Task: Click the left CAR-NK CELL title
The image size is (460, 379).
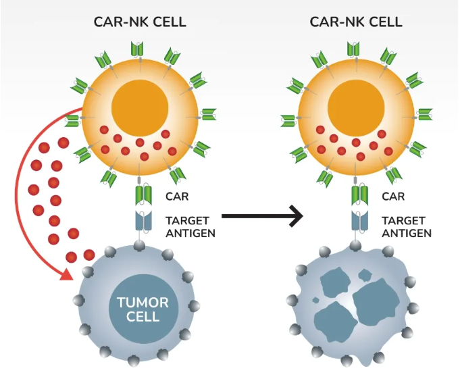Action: (140, 22)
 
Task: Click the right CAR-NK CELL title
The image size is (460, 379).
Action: (356, 22)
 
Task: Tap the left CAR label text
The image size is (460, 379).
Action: (177, 197)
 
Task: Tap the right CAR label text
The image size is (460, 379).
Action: (393, 197)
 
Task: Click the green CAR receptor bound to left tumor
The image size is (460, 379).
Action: (140, 197)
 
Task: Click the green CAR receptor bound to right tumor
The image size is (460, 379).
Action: (357, 197)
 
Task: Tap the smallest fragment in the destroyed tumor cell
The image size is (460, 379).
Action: (365, 276)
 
